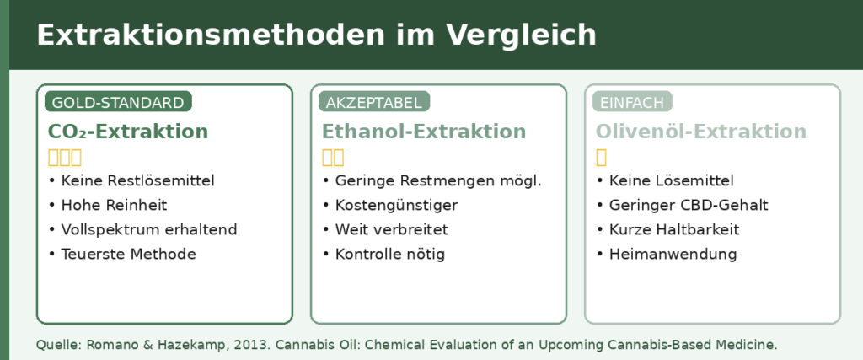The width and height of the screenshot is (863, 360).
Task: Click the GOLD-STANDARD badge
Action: coord(118,102)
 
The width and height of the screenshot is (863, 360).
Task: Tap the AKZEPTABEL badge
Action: coord(374,102)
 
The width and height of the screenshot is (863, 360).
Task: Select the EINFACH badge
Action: coord(632,102)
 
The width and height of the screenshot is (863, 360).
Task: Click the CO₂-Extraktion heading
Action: coord(128,132)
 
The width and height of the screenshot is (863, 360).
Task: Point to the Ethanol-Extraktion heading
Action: coord(424,132)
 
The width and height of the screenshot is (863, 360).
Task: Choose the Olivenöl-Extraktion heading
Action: coord(701,132)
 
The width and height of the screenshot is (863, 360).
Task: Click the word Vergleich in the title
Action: coord(522,35)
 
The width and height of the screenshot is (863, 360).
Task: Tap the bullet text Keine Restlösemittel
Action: coord(137,180)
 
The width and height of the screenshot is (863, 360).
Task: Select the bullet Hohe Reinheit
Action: coord(114,206)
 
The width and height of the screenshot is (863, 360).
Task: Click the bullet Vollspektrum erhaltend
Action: coord(148,229)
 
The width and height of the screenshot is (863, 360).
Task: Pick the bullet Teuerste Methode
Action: coord(128,254)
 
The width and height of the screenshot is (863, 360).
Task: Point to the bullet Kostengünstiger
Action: coord(396,206)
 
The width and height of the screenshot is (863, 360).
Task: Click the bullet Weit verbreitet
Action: coord(392,229)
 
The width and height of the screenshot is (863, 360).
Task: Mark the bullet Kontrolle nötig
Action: coord(389,254)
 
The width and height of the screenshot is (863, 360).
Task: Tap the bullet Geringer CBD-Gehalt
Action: coord(689,206)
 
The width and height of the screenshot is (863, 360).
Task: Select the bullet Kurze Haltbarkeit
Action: coord(674,229)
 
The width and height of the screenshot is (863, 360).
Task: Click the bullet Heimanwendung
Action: coord(673,254)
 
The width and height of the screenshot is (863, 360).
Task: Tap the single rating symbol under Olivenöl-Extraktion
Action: coord(601,158)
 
